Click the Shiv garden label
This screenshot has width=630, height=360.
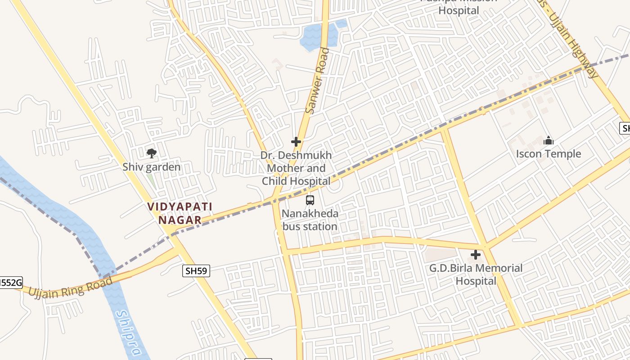pos(151,167)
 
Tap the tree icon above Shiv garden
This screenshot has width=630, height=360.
pos(152,153)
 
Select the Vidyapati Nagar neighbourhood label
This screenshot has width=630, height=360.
pos(180,213)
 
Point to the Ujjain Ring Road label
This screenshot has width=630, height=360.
pos(70,288)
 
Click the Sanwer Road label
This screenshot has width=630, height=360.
pos(317,81)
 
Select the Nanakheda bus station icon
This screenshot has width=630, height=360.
pos(310,200)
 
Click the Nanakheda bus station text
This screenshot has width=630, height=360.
pos(310,220)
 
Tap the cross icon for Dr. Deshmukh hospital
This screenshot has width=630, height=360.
pos(296,142)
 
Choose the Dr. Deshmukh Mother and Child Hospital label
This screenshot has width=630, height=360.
pos(296,168)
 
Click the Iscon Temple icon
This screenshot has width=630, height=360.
pos(548,141)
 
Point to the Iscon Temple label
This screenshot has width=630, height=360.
pos(548,154)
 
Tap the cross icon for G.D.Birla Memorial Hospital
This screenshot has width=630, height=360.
pos(476,255)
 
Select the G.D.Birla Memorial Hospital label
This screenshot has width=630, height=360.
pos(476,274)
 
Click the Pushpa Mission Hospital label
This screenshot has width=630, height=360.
pos(459,8)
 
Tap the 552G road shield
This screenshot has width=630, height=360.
pos(10,283)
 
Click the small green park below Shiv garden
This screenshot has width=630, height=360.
pos(152,181)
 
